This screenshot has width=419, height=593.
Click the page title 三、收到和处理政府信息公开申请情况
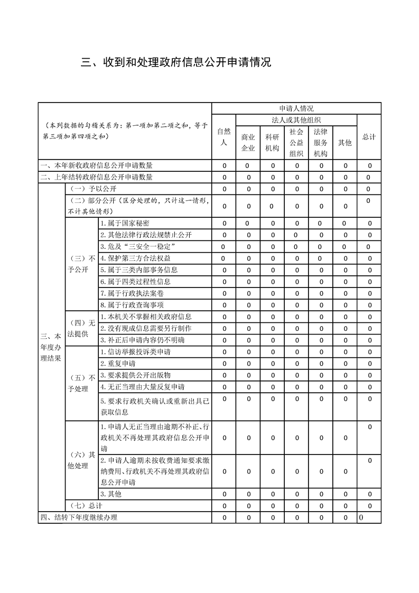point(176,62)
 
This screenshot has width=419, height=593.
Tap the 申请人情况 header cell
point(296,108)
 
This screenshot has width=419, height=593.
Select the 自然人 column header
point(224,136)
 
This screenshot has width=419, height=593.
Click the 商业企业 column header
point(248,142)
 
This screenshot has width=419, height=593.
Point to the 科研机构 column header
point(272,142)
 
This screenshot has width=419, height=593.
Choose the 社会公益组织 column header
point(296,142)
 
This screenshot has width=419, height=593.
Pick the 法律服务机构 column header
point(321,142)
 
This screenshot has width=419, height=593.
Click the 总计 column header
point(369,136)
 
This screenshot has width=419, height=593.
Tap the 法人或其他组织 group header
point(296,120)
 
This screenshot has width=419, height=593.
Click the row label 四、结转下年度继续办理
point(79,517)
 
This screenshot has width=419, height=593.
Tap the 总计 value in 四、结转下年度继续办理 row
point(361,517)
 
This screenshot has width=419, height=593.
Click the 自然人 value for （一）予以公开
point(224,189)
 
